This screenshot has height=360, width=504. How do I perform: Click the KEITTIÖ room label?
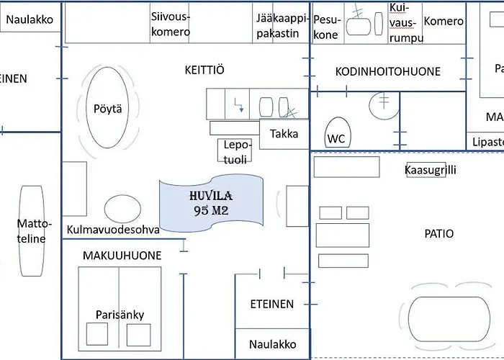pyautogui.click(x=204, y=70)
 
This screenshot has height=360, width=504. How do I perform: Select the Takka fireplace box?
pyautogui.click(x=284, y=134)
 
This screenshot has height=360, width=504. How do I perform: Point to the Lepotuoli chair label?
pyautogui.click(x=237, y=150)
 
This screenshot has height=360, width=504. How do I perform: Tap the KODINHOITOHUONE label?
pyautogui.click(x=387, y=71)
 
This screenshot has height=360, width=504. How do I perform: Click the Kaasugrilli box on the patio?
pyautogui.click(x=430, y=170)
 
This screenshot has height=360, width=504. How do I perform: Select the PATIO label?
pyautogui.click(x=438, y=233)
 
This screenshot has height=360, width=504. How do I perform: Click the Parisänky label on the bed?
pyautogui.click(x=120, y=315)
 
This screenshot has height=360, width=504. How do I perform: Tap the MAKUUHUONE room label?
pyautogui.click(x=122, y=256)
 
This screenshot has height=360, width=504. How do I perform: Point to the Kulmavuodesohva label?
pyautogui.click(x=112, y=230)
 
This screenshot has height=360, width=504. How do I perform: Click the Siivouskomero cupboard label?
pyautogui.click(x=171, y=24)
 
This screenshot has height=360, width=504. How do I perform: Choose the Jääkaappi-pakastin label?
pyautogui.click(x=282, y=24)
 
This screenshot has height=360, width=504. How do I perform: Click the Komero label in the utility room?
pyautogui.click(x=443, y=22)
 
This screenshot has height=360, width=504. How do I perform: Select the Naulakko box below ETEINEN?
pyautogui.click(x=272, y=344)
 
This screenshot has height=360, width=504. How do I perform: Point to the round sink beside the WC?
pyautogui.click(x=382, y=106)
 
